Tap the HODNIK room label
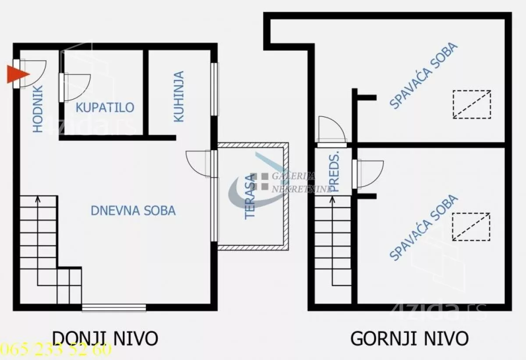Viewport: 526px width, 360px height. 38,109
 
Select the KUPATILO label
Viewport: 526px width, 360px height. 105,107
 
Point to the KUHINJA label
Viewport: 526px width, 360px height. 179,96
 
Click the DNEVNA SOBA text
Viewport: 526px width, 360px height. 133,211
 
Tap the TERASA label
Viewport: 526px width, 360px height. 250,197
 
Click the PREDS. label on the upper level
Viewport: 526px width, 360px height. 334,171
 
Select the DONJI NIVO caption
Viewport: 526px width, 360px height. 105,338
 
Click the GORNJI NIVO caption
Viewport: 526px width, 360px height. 409,338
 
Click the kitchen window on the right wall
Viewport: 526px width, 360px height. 214,89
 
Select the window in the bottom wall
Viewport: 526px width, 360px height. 114,308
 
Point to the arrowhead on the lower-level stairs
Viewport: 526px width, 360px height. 38,199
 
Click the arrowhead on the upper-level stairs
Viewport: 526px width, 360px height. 332,200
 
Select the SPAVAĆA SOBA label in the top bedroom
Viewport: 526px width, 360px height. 424,76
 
